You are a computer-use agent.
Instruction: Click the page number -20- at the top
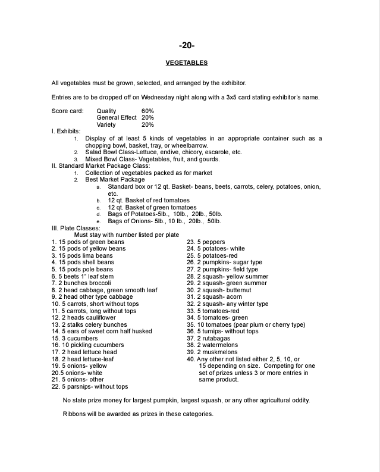pyautogui.click(x=186, y=45)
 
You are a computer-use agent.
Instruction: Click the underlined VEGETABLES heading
pyautogui.click(x=186, y=62)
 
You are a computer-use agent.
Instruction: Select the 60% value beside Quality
pyautogui.click(x=147, y=111)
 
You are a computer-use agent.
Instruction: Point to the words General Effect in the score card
pyautogui.click(x=117, y=118)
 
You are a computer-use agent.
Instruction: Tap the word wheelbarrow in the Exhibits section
pyautogui.click(x=190, y=145)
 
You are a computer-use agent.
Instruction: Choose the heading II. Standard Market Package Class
pyautogui.click(x=101, y=166)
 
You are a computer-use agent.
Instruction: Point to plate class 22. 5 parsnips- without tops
pyautogui.click(x=90, y=386)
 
